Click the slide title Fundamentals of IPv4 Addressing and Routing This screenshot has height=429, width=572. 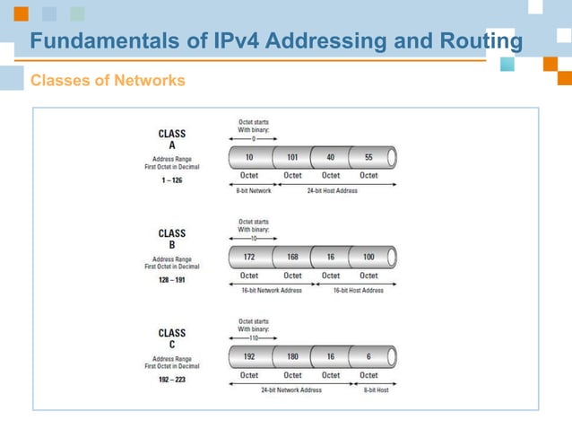276,41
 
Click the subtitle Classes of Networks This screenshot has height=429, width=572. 108,81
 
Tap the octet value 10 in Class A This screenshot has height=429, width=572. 249,158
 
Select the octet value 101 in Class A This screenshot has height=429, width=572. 292,158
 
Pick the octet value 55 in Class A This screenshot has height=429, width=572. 368,158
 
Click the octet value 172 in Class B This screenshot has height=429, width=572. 249,258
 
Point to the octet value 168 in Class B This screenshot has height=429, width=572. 292,258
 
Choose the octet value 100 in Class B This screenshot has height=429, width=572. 368,258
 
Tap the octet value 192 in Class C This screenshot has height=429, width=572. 249,357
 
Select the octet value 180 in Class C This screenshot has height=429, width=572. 292,357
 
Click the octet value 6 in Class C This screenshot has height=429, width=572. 368,357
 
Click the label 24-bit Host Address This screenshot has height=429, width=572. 331,190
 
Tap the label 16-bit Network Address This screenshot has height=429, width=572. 273,290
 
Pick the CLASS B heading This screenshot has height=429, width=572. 172,239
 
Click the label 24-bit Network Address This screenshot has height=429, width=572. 292,390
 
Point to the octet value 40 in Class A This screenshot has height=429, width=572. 331,158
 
